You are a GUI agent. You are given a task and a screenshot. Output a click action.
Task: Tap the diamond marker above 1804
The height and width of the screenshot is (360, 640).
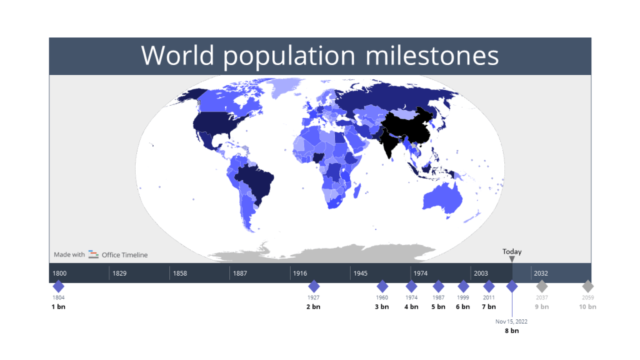coord(58,286)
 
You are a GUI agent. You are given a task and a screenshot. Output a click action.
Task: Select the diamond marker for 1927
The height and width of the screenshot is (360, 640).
coord(314,286)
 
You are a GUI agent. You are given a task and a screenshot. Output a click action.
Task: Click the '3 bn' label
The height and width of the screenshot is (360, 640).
coord(382,307)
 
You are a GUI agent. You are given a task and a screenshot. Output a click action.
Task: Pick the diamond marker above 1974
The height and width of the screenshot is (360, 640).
coord(411,286)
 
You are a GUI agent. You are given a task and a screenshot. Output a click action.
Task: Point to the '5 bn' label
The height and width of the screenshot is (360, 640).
coord(439,307)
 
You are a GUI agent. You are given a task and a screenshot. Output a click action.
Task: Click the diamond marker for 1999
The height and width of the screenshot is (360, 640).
coord(463,286)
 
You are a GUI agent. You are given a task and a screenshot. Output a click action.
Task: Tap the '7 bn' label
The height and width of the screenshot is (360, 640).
coord(489,307)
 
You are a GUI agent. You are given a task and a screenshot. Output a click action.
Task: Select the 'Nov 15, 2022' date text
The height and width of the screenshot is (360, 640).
coord(512,321)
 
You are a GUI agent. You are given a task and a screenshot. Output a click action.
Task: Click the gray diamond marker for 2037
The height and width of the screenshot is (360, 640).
coord(542,286)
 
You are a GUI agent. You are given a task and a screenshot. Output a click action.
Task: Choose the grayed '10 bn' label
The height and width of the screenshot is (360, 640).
coord(587,307)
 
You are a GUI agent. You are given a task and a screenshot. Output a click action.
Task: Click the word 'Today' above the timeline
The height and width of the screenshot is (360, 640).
coord(512,252)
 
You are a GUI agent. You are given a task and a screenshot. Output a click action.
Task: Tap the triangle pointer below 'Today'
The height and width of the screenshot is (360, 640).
coord(512,259)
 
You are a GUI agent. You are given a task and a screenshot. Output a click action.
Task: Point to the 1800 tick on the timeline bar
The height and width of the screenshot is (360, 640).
coord(60,273)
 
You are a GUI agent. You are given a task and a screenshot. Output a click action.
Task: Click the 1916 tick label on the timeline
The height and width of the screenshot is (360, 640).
coord(300,273)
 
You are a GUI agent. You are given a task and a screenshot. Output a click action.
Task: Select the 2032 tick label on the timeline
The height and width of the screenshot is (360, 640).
coord(541,273)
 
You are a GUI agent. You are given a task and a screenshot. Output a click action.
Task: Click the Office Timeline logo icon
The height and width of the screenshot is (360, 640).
coord(93,254)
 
